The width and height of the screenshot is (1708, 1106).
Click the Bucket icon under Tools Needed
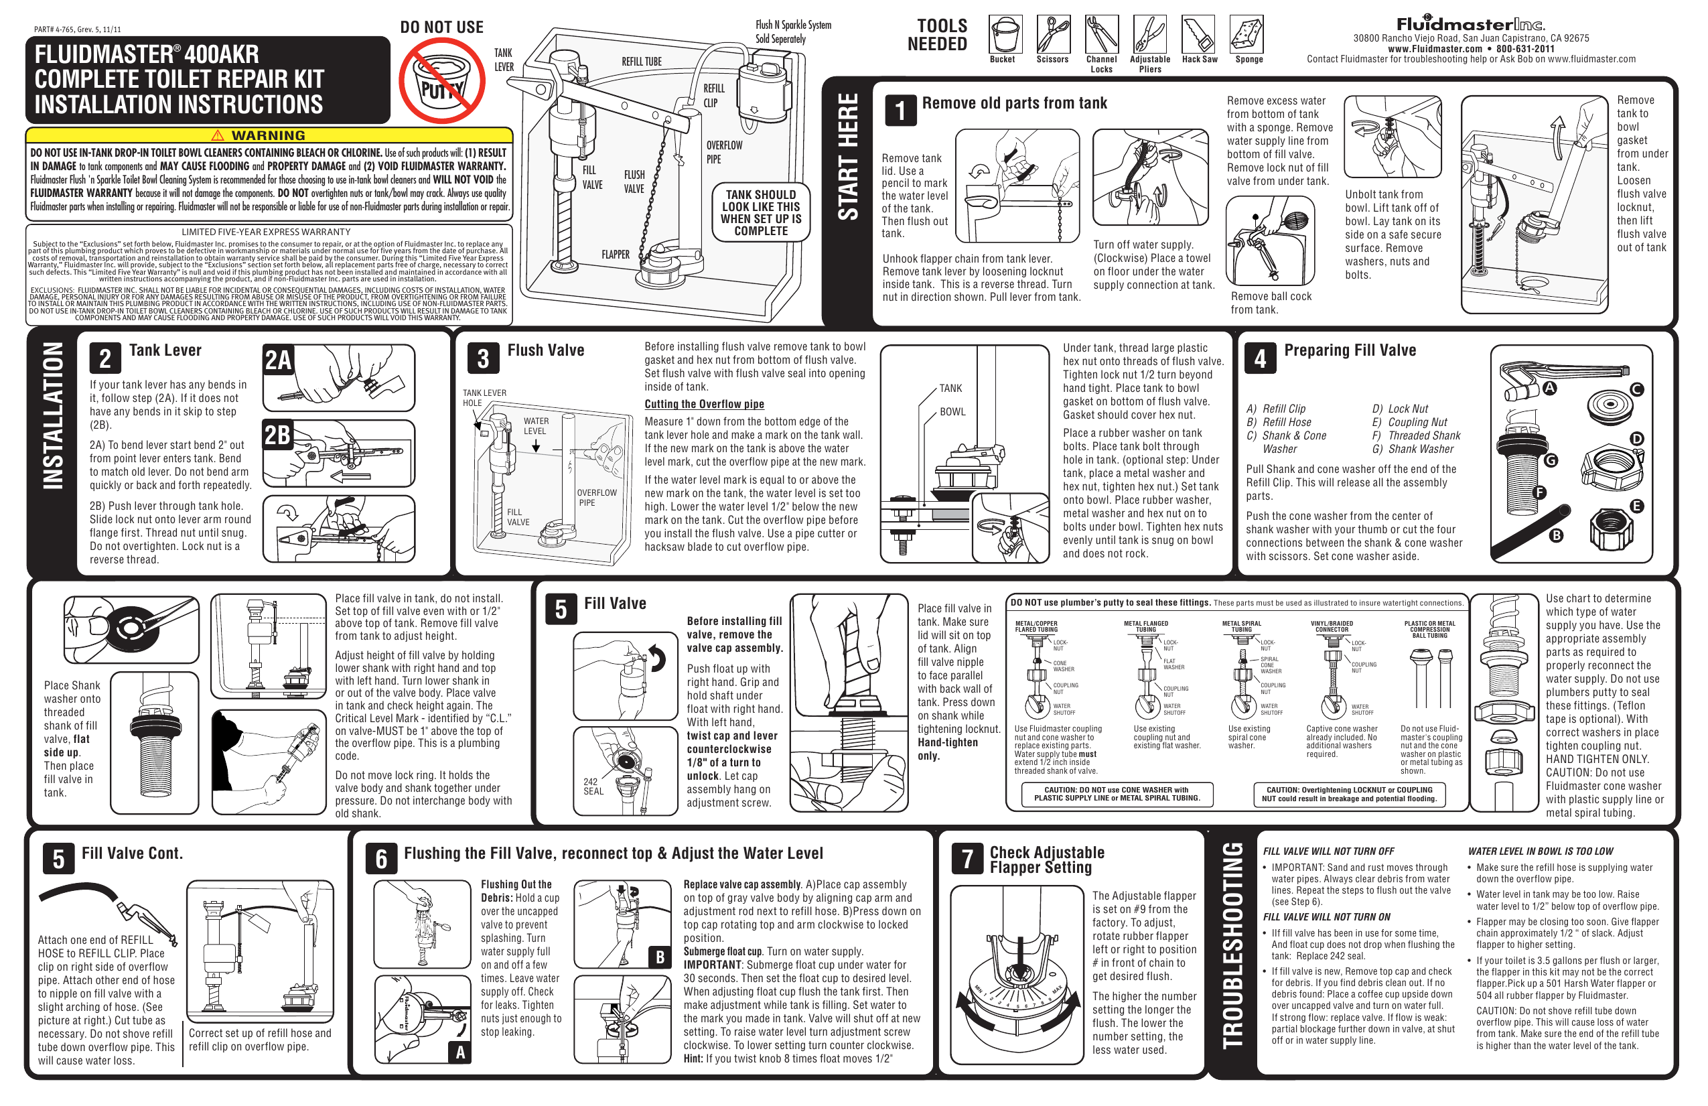(1005, 34)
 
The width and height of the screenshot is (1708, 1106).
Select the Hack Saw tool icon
(1198, 34)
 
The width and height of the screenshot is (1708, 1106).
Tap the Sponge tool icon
(1247, 34)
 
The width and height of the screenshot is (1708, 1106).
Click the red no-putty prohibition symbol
(441, 80)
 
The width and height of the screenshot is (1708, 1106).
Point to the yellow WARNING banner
(269, 135)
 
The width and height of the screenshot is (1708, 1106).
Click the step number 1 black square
(900, 111)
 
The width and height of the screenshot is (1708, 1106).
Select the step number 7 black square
(967, 857)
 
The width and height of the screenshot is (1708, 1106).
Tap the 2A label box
(279, 360)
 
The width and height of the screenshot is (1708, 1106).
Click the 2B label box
(279, 435)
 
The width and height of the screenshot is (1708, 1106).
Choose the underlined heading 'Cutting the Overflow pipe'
(704, 404)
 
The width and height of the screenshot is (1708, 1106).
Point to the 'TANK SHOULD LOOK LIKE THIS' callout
(761, 212)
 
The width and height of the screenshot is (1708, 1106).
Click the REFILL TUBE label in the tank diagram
(642, 62)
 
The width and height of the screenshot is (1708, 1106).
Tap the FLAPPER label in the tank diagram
(616, 255)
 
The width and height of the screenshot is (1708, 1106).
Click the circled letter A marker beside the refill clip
(1550, 389)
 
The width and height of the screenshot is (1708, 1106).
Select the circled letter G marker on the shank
(1551, 460)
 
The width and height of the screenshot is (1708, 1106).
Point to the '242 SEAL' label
(593, 786)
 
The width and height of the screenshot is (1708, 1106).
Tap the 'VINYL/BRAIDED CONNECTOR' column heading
(1332, 626)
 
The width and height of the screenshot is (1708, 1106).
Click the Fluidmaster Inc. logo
(1470, 23)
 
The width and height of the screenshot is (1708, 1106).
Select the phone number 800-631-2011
(1525, 49)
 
